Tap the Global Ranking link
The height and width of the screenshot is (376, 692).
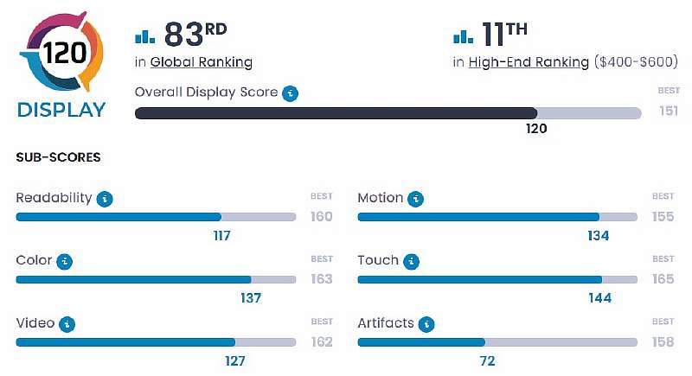coord(202,62)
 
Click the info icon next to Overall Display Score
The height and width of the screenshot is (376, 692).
coord(291,92)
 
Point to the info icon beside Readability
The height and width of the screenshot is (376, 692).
coord(105,198)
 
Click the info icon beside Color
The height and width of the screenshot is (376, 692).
coord(64,261)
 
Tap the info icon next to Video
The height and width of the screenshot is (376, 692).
coord(67,324)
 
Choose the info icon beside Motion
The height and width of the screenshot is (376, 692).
coord(416,198)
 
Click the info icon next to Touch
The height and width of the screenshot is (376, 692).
coord(412,261)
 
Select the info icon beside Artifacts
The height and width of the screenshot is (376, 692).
coord(426,324)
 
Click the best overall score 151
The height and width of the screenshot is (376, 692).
coord(668,111)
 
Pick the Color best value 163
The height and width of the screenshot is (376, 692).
coord(321,279)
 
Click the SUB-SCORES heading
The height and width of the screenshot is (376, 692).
coord(58,157)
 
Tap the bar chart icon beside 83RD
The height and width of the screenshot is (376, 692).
coord(144,36)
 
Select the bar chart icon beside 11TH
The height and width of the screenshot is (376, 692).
coord(463,36)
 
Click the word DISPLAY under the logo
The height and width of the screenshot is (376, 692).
coord(61,110)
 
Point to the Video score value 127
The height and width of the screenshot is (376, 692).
coord(234,360)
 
